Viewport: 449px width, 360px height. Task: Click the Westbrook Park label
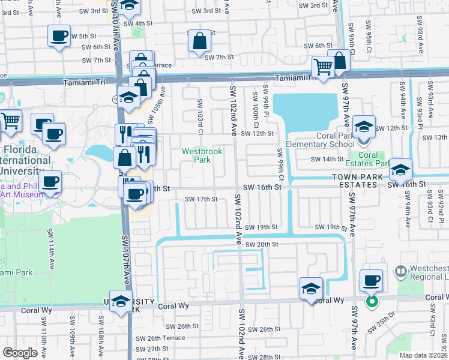click(202, 156)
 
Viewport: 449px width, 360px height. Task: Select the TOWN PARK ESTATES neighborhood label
click(355, 181)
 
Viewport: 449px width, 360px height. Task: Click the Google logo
click(20, 352)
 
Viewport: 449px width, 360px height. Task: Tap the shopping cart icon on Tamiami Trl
click(323, 67)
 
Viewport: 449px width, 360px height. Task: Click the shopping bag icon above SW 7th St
click(199, 41)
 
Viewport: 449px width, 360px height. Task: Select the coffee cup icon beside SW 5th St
click(59, 36)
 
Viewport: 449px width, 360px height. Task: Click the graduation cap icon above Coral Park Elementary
click(363, 127)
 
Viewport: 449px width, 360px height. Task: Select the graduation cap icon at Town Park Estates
click(400, 170)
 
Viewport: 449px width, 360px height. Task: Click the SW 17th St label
click(200, 199)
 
